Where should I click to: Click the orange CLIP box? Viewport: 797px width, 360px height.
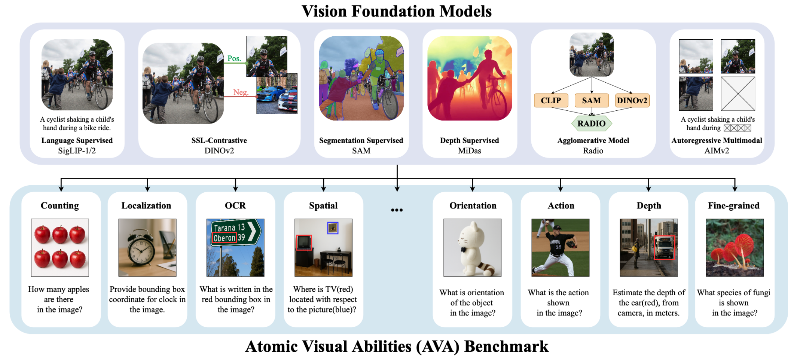coord(551,101)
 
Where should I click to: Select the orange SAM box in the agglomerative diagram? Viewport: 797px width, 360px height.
coord(591,101)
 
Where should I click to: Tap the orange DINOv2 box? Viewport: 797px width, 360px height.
coord(632,101)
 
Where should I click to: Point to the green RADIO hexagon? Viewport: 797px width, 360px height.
coord(591,123)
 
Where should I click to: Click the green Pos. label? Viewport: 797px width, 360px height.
coord(234,58)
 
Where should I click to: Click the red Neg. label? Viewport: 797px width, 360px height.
coord(241,92)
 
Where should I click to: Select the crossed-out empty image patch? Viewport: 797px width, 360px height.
coord(738,94)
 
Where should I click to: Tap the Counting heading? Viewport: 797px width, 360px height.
coord(60,205)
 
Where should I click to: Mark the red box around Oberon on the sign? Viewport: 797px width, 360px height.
coord(225,238)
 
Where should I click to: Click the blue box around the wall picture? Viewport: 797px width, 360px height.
coord(333,228)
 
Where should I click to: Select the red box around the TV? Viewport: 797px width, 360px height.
coord(304,242)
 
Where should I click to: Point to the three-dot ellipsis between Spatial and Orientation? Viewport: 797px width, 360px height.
coord(397,210)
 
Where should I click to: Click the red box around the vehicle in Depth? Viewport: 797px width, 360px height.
coord(664,248)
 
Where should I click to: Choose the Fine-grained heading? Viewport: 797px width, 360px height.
coord(733,205)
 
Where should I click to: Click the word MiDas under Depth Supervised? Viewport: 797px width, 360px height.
coord(469,151)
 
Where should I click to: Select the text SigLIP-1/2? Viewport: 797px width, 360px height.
coord(77,151)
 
